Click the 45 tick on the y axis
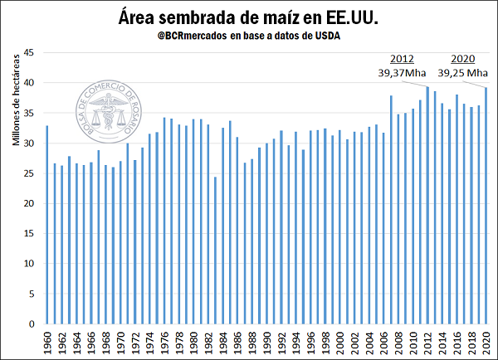click(27, 52)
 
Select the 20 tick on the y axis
click(27, 203)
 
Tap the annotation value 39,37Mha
click(402, 72)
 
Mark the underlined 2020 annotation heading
click(464, 59)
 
